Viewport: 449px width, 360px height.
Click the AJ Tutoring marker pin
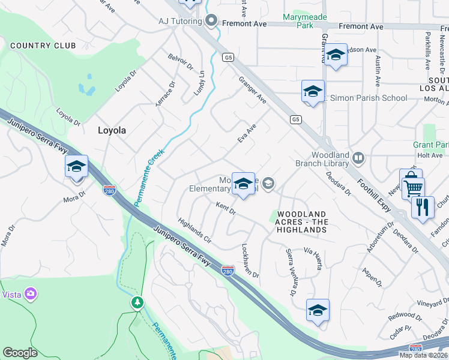pyautogui.click(x=211, y=21)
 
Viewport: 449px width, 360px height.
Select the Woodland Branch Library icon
pyautogui.click(x=358, y=158)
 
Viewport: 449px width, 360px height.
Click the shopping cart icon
pyautogui.click(x=414, y=187)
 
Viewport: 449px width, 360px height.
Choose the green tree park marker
pyautogui.click(x=138, y=302)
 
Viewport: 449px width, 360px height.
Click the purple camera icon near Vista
pyautogui.click(x=31, y=294)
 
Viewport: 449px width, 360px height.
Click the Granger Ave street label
pyautogui.click(x=252, y=89)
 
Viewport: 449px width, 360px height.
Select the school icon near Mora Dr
pyautogui.click(x=77, y=167)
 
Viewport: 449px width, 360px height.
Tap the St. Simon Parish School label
pyautogui.click(x=367, y=98)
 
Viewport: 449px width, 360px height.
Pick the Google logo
pyautogui.click(x=20, y=353)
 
